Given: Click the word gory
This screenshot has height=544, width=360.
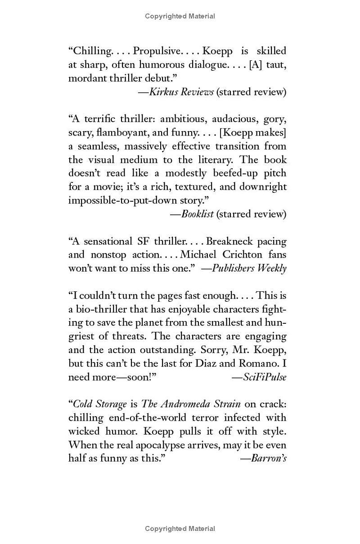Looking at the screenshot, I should coord(275,119).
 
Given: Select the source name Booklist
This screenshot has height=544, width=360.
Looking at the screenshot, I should coord(198,214).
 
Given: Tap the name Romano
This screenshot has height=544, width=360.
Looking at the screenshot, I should coord(255,363).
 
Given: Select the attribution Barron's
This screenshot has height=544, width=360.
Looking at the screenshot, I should coord(269,458).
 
